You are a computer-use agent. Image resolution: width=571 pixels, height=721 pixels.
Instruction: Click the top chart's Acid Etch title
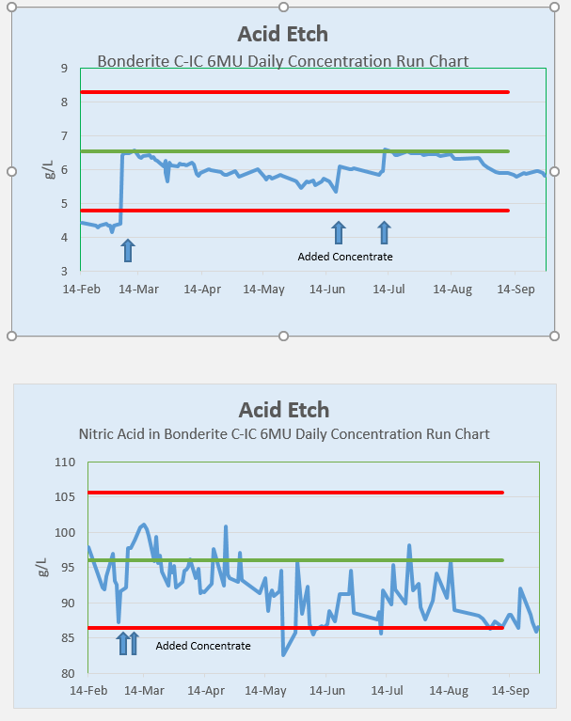[x=283, y=35]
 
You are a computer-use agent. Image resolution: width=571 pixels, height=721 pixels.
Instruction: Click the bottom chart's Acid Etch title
[x=284, y=410]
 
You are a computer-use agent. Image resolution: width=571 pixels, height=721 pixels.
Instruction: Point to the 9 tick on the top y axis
[x=63, y=69]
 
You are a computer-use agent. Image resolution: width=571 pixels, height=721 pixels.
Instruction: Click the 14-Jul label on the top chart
[x=388, y=290]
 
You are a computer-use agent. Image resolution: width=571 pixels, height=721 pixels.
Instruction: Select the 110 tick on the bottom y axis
[x=65, y=462]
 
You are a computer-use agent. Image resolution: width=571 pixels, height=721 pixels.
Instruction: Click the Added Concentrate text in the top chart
[x=345, y=257]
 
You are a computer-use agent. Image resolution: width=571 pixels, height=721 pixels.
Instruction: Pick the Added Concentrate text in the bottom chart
[x=203, y=646]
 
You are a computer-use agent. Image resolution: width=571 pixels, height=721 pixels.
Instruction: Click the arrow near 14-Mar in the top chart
[x=128, y=250]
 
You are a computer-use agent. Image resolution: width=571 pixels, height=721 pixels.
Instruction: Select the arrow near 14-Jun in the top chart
[x=339, y=232]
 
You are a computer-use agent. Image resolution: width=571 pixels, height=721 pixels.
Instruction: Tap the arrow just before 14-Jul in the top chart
[x=384, y=232]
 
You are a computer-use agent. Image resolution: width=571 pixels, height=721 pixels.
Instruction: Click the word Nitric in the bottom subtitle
[x=97, y=434]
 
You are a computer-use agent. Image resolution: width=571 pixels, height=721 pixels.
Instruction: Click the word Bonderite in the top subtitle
[x=132, y=62]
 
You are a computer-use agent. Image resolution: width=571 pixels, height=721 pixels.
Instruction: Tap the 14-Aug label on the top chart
[x=450, y=290]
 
